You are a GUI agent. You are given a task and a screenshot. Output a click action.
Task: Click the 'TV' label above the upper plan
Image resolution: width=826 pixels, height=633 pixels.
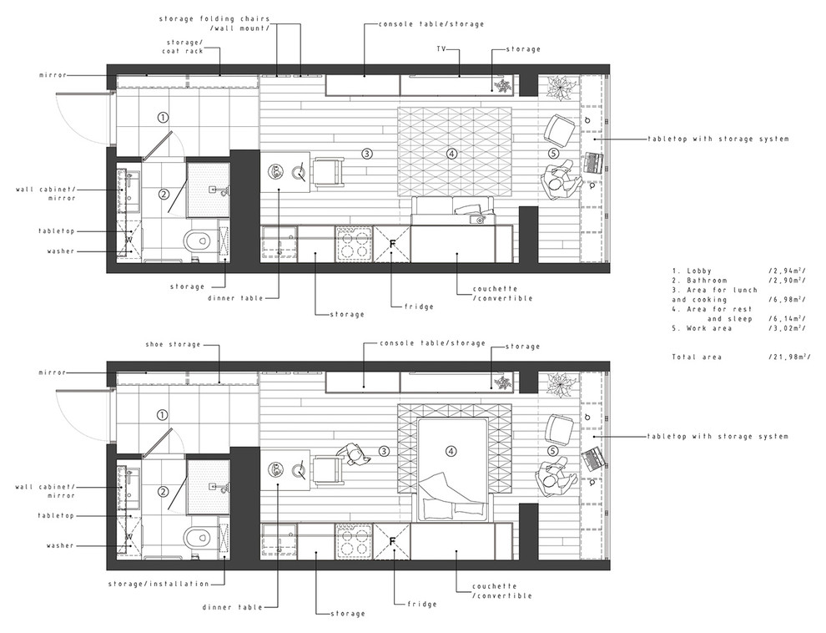[441, 49]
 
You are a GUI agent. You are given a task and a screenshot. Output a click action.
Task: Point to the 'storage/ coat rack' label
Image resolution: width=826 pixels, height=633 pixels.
[181, 45]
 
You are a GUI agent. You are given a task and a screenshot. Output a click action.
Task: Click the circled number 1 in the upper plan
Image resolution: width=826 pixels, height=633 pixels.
[163, 118]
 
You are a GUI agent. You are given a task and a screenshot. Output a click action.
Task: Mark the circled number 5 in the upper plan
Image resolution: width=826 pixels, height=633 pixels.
[553, 153]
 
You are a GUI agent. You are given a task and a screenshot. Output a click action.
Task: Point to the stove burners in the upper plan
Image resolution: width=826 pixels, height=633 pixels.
[354, 244]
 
